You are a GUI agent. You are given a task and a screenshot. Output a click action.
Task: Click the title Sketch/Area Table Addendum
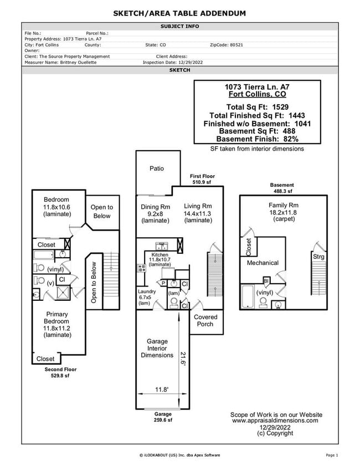[x=179, y=13]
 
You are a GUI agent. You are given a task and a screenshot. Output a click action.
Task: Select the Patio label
[x=156, y=168]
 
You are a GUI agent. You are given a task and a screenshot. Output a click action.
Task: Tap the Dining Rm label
[x=155, y=207]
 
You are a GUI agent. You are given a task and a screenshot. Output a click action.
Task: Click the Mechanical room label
[x=263, y=263]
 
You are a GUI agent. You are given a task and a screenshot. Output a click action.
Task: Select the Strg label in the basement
[x=318, y=257]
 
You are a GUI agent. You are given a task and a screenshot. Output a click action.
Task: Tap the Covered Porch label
[x=205, y=320]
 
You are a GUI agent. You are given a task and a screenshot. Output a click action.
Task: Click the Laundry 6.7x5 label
[x=147, y=297]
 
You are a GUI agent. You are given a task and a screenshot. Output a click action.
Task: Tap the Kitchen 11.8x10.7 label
[x=161, y=259]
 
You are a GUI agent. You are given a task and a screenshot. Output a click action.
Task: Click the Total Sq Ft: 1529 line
[x=257, y=107]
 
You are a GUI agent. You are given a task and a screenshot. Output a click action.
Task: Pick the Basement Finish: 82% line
[x=257, y=139]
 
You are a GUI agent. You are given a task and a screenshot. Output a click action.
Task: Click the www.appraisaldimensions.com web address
[x=275, y=421]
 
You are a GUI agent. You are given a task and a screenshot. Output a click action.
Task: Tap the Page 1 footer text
[x=332, y=455]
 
